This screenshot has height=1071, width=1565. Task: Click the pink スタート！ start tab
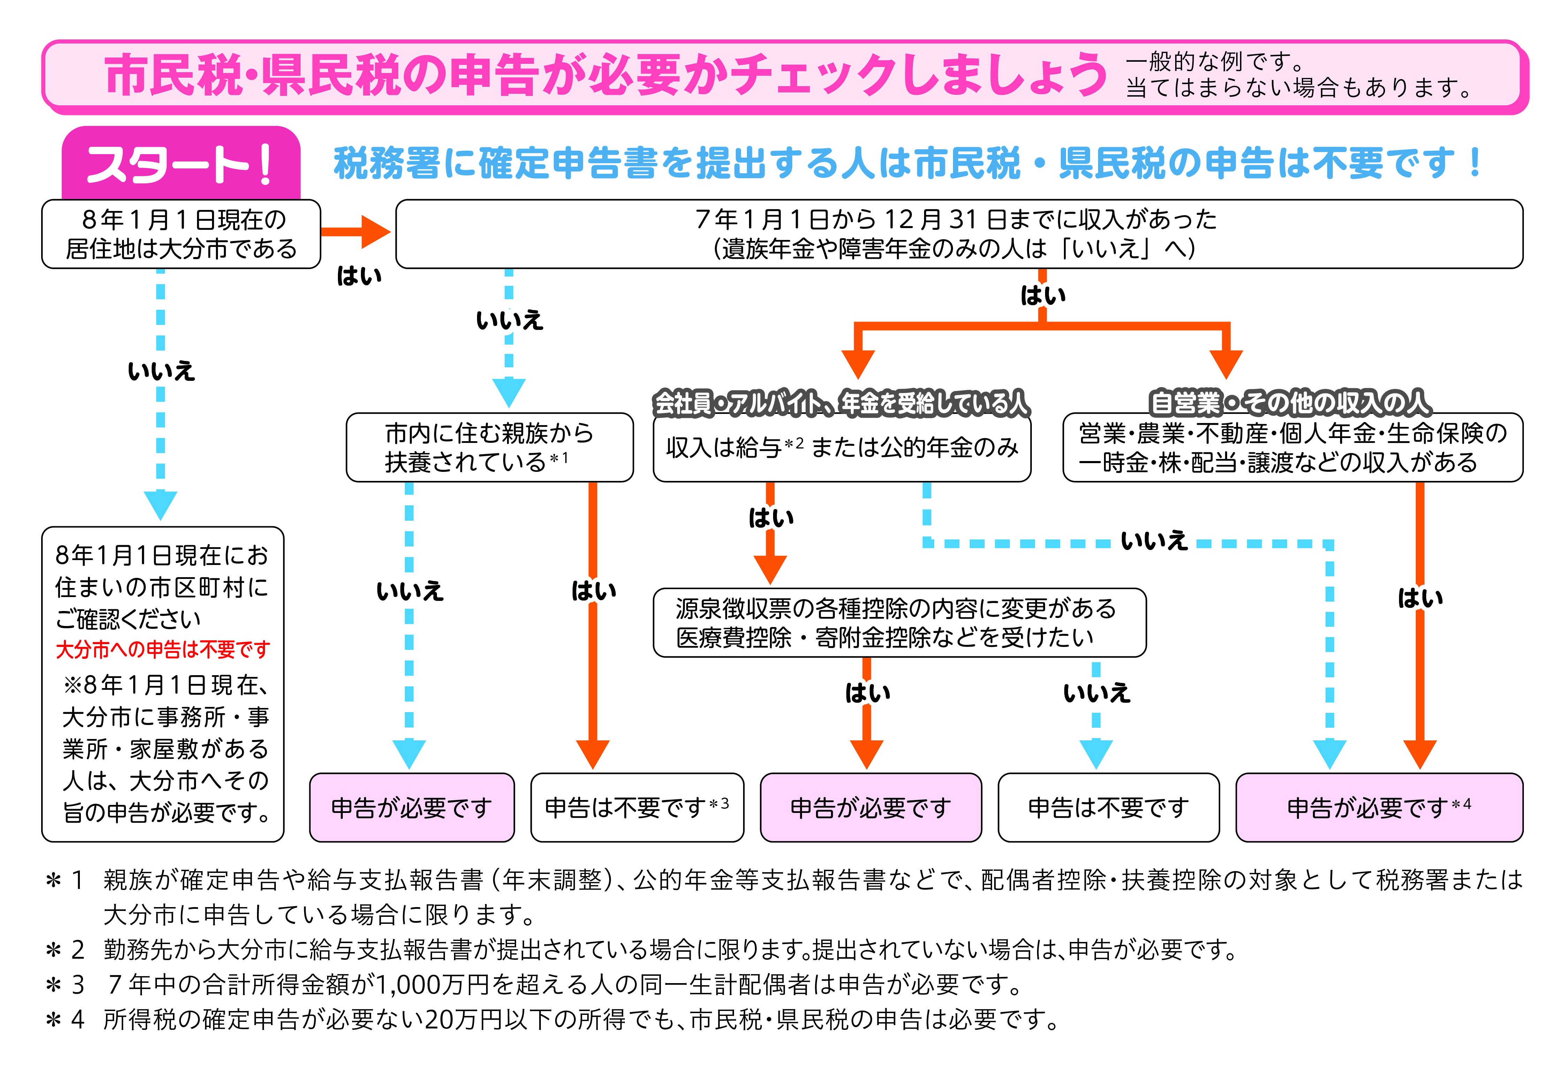(181, 164)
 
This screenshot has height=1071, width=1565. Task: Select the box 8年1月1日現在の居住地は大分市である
(181, 234)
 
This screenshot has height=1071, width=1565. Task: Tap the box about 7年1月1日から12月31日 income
(959, 234)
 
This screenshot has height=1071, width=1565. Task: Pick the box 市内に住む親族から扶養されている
(490, 447)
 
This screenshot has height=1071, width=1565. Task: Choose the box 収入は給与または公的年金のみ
(842, 447)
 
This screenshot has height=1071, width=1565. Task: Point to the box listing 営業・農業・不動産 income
(1292, 447)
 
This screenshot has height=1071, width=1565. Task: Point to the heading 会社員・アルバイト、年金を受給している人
(842, 403)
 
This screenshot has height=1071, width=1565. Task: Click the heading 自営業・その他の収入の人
(1290, 403)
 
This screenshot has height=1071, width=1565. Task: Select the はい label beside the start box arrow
(359, 276)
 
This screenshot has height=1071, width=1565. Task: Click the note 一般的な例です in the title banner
(1216, 62)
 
